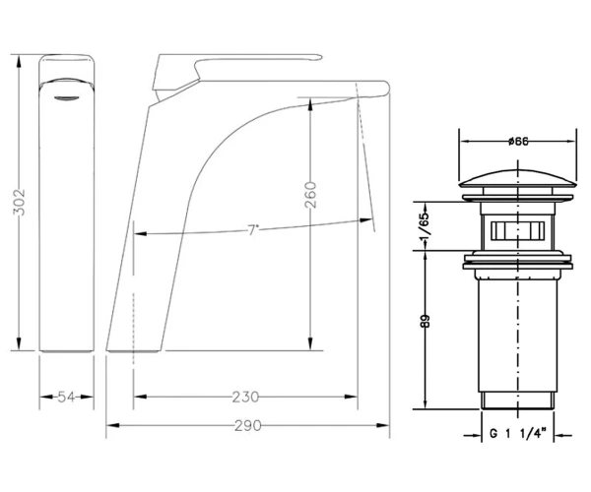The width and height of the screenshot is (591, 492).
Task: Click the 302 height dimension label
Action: [19, 202]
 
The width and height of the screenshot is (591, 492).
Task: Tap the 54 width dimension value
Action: [66, 397]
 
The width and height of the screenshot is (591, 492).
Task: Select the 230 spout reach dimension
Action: [245, 397]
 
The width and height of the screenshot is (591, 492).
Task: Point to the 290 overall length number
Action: [247, 426]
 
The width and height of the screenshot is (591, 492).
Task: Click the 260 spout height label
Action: [310, 195]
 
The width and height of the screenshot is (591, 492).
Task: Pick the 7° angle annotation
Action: [253, 229]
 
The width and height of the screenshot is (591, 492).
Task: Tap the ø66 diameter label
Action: [518, 142]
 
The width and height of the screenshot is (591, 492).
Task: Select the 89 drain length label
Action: [425, 321]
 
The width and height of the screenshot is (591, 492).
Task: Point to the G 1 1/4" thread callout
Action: [517, 434]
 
